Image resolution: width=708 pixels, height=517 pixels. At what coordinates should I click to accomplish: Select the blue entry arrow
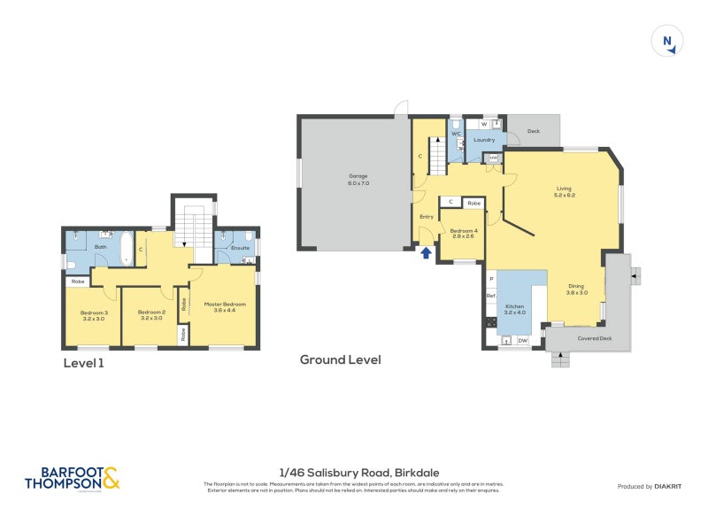pos(426,253)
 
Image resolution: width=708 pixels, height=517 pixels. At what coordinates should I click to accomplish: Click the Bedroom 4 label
pos(463,232)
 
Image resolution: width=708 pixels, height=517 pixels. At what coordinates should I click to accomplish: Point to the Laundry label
pos(483,140)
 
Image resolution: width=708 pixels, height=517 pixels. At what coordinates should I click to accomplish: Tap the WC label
pos(456,134)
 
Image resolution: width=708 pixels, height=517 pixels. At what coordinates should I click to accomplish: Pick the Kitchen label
pos(514,308)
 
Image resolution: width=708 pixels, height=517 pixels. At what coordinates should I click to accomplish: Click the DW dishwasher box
pos(523,341)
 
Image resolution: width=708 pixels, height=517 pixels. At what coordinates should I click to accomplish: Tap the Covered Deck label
pos(595,338)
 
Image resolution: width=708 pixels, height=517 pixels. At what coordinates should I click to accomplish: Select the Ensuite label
pos(239,248)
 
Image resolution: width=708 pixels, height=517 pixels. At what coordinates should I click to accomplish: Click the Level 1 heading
pos(85,363)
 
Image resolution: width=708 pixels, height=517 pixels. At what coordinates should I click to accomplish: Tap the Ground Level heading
pos(340,359)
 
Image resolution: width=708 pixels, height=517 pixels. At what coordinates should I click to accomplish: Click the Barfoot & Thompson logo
pos(72,479)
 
